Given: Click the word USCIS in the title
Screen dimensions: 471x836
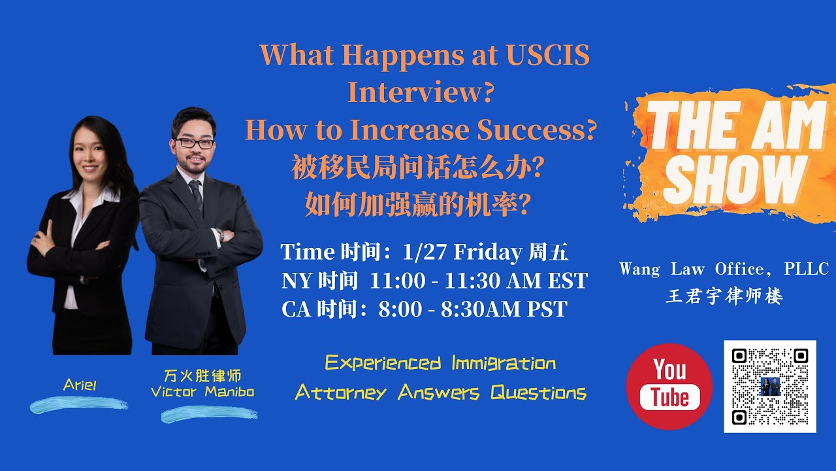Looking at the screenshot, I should coord(547,56).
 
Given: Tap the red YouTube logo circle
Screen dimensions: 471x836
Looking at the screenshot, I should coord(669,386).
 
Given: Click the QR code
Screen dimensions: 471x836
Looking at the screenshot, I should coord(770,386).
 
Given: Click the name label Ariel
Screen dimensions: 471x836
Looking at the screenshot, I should coord(80,385).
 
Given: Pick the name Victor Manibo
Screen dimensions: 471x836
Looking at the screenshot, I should coord(202,392).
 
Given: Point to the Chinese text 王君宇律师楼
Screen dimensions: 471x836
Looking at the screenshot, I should coord(724,296).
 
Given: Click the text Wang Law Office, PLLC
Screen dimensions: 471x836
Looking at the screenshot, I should coord(724,269).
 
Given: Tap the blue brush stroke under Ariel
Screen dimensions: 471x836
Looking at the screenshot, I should coord(79,405).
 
